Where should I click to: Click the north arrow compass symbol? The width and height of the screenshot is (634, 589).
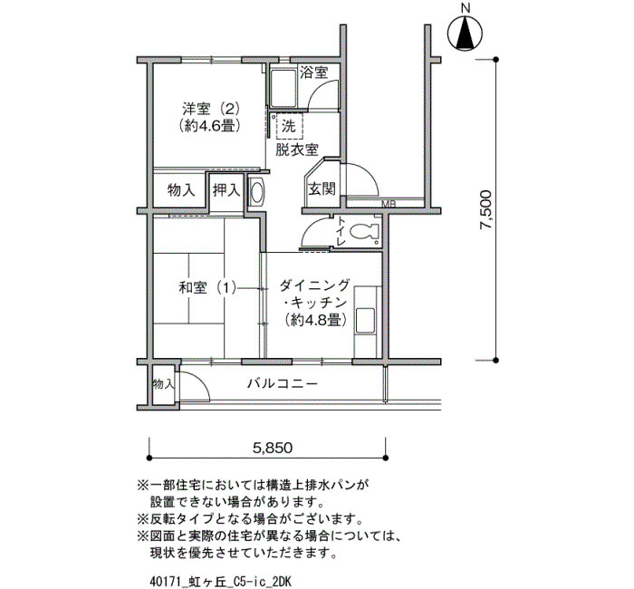pyautogui.click(x=466, y=34)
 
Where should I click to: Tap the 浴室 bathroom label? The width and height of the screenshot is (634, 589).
pyautogui.click(x=313, y=72)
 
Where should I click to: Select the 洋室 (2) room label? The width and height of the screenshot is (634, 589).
pyautogui.click(x=211, y=109)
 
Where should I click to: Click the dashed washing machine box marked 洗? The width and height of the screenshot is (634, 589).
pyautogui.click(x=288, y=127)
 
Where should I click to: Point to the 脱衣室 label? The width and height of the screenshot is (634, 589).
pyautogui.click(x=297, y=150)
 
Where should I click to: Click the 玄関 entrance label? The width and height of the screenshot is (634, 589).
pyautogui.click(x=322, y=188)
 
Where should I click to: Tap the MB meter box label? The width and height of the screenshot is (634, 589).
pyautogui.click(x=389, y=204)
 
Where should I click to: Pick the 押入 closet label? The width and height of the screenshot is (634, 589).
pyautogui.click(x=226, y=189)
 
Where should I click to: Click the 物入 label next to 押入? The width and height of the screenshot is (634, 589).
pyautogui.click(x=181, y=189)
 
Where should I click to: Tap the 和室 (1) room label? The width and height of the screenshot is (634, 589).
pyautogui.click(x=207, y=288)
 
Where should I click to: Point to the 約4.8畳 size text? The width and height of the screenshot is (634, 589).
pyautogui.click(x=315, y=321)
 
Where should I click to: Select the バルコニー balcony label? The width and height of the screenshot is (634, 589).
pyautogui.click(x=283, y=382)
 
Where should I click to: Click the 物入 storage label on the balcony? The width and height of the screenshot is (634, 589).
pyautogui.click(x=164, y=384)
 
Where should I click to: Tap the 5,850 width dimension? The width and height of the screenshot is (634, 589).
pyautogui.click(x=272, y=448)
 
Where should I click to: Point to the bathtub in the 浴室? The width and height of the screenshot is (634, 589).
pyautogui.click(x=283, y=87)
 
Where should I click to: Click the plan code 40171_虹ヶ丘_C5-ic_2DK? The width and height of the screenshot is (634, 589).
pyautogui.click(x=220, y=582)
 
